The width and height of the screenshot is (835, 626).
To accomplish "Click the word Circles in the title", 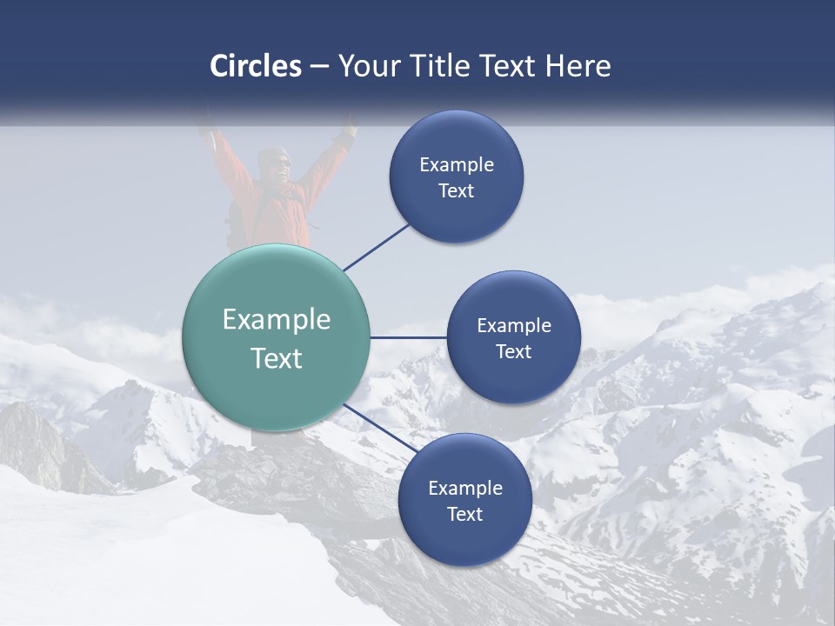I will [x=256, y=66].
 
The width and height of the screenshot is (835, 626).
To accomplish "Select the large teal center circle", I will [x=276, y=337].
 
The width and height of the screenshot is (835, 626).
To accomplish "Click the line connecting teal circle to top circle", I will [x=377, y=246].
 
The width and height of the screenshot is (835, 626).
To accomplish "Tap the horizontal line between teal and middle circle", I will [x=409, y=337].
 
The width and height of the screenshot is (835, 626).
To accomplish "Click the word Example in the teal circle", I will [x=276, y=320].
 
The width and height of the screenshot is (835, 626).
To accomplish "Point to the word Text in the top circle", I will [x=457, y=191].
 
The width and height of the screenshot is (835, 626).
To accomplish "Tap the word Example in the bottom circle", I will [x=465, y=488].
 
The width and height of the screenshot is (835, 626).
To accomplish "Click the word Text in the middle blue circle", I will [x=513, y=351].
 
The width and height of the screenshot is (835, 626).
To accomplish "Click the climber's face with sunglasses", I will [x=274, y=165].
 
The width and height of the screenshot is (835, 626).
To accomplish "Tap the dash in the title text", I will [x=319, y=66].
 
